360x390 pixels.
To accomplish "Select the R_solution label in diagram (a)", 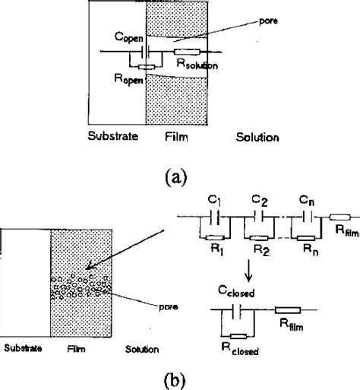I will point(197,67).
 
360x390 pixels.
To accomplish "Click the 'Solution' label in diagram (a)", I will point(256,138).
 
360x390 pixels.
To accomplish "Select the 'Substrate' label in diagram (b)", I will point(21,350).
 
